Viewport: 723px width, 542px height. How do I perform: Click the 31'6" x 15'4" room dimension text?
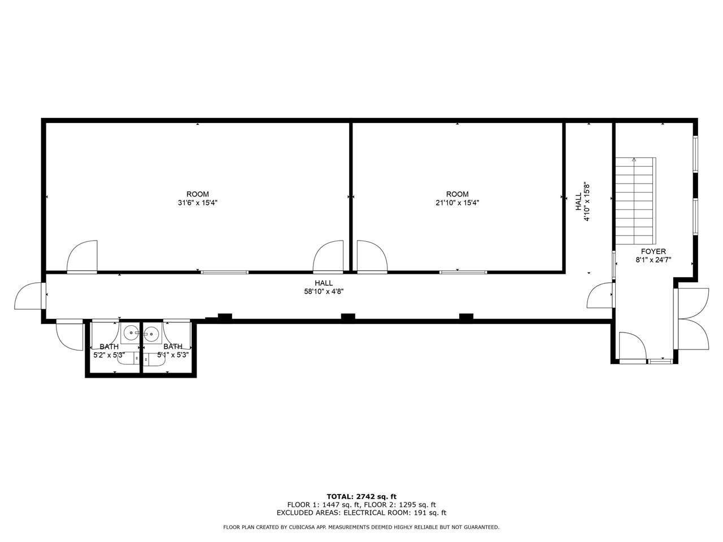point(197,203)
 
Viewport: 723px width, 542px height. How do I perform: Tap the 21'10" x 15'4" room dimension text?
point(457,203)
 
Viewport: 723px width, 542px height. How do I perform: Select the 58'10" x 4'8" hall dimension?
point(324,291)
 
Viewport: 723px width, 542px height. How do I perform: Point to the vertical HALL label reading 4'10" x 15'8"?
point(582,202)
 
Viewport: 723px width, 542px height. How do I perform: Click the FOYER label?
point(653,251)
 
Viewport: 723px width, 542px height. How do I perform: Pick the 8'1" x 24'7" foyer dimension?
point(653,260)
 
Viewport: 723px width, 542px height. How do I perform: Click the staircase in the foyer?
point(635,200)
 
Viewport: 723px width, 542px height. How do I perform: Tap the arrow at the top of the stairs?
point(634,160)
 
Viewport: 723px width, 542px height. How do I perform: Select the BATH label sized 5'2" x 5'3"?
point(109,347)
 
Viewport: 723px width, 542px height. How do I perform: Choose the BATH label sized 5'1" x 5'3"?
point(173,347)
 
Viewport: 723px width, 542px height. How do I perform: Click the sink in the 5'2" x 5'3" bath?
point(132,333)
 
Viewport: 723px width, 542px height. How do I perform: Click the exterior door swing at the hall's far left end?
point(29,295)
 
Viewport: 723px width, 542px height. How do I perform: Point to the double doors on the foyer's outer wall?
point(691,318)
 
